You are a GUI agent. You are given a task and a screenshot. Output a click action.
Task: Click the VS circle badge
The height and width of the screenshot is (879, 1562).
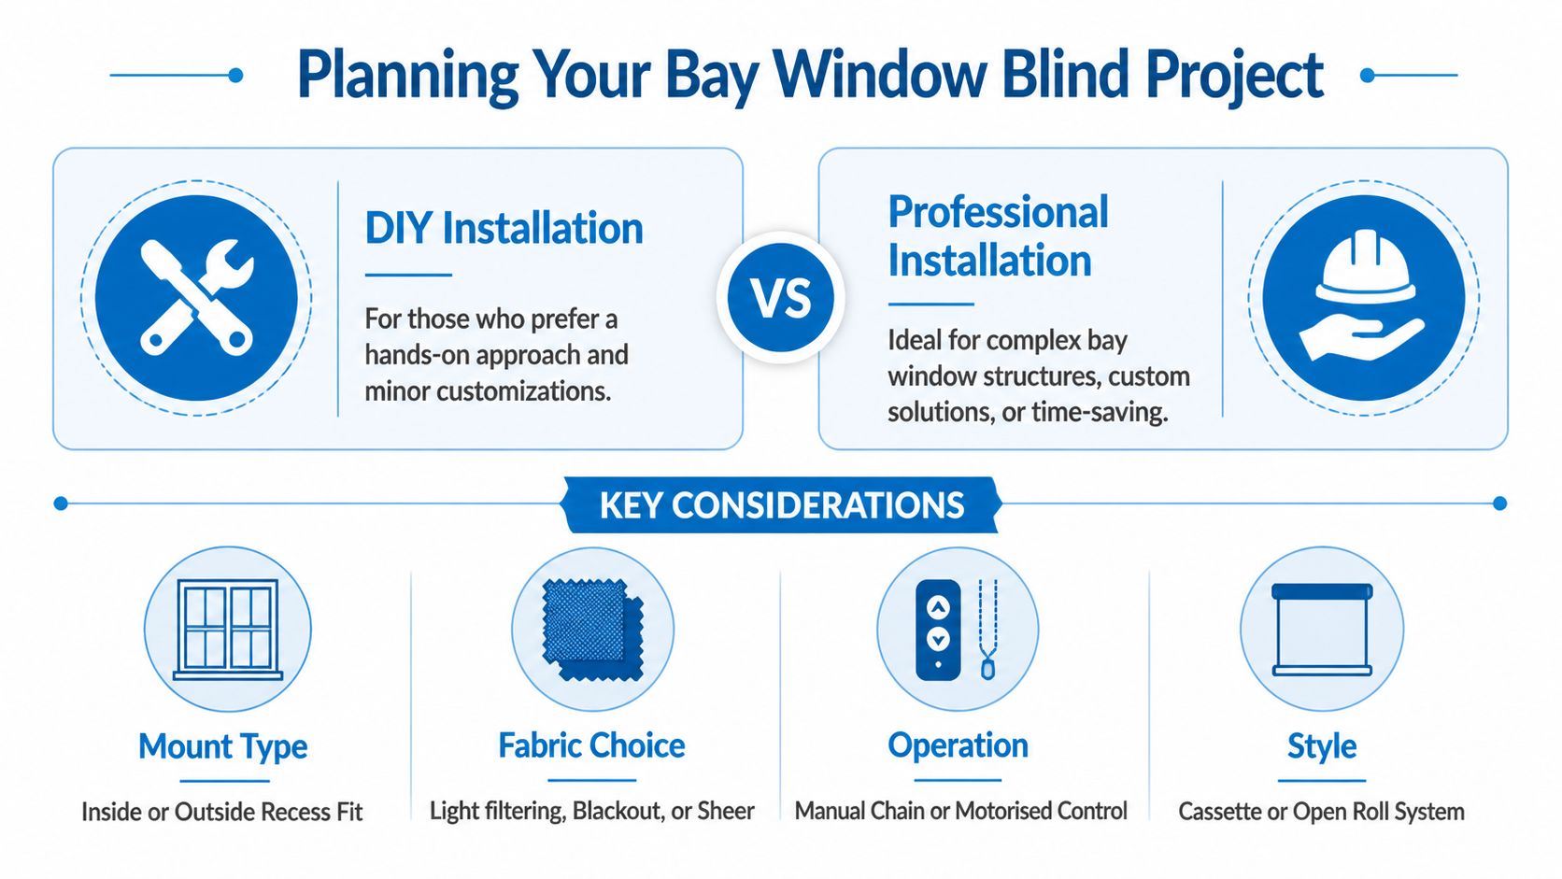click(780, 298)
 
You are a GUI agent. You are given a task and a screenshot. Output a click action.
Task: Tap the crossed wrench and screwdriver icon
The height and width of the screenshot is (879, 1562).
click(196, 297)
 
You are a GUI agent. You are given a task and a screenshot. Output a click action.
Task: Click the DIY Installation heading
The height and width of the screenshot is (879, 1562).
click(504, 228)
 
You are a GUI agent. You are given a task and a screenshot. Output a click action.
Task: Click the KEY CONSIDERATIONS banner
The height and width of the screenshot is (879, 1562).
click(781, 504)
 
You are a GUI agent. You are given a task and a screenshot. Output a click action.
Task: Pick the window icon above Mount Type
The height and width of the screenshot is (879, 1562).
click(228, 629)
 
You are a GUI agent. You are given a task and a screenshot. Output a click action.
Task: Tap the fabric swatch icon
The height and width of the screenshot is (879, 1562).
click(592, 629)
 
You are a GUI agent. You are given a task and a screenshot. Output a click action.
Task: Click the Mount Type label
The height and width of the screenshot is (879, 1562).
click(222, 746)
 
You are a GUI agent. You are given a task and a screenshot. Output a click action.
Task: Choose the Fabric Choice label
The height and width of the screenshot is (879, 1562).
click(591, 745)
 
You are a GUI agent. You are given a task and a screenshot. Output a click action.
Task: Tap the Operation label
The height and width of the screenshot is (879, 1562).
click(958, 745)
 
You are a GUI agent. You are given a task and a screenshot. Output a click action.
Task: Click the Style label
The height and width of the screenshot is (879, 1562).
click(1321, 746)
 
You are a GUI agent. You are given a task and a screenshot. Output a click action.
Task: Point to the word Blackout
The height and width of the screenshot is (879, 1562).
click(618, 811)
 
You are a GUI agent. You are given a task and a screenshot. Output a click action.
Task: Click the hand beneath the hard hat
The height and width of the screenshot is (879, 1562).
click(1361, 338)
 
